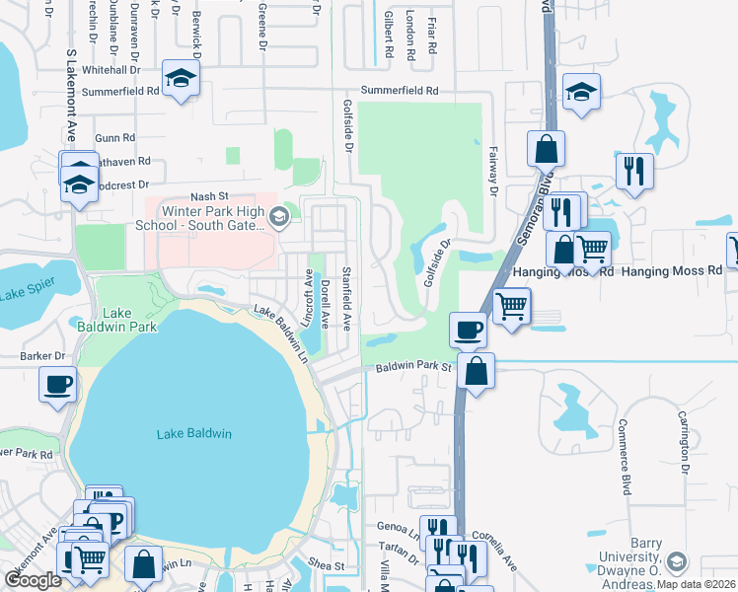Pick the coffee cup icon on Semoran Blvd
tap(468, 329)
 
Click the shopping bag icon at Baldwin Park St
tap(476, 372)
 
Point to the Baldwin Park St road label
tap(412, 367)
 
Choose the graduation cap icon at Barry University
tap(676, 562)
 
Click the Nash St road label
tap(209, 196)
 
